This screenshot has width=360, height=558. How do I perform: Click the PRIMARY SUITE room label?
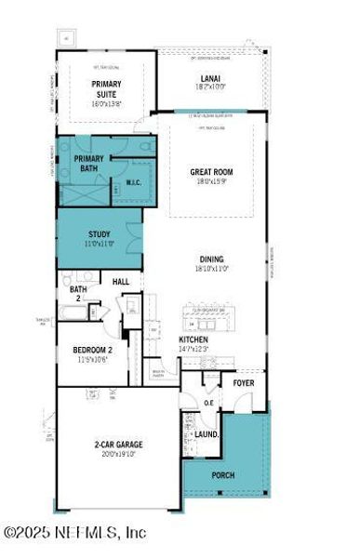click(105, 89)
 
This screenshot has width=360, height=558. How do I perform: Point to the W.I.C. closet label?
click(132, 181)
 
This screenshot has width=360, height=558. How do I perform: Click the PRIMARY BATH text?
click(89, 164)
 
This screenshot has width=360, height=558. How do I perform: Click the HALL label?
click(121, 282)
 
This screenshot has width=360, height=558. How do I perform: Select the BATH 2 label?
click(78, 294)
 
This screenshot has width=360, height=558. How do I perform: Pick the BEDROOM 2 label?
click(93, 350)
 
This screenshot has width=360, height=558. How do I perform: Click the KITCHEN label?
click(193, 339)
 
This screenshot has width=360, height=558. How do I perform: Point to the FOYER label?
click(244, 381)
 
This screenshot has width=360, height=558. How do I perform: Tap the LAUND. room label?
click(207, 433)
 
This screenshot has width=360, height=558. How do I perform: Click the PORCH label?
click(223, 475)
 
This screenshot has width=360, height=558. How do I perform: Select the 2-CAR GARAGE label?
click(117, 445)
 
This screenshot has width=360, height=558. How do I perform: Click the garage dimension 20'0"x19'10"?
click(117, 454)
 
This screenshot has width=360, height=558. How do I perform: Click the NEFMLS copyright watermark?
click(74, 533)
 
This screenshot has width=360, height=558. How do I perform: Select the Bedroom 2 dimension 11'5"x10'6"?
click(93, 359)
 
